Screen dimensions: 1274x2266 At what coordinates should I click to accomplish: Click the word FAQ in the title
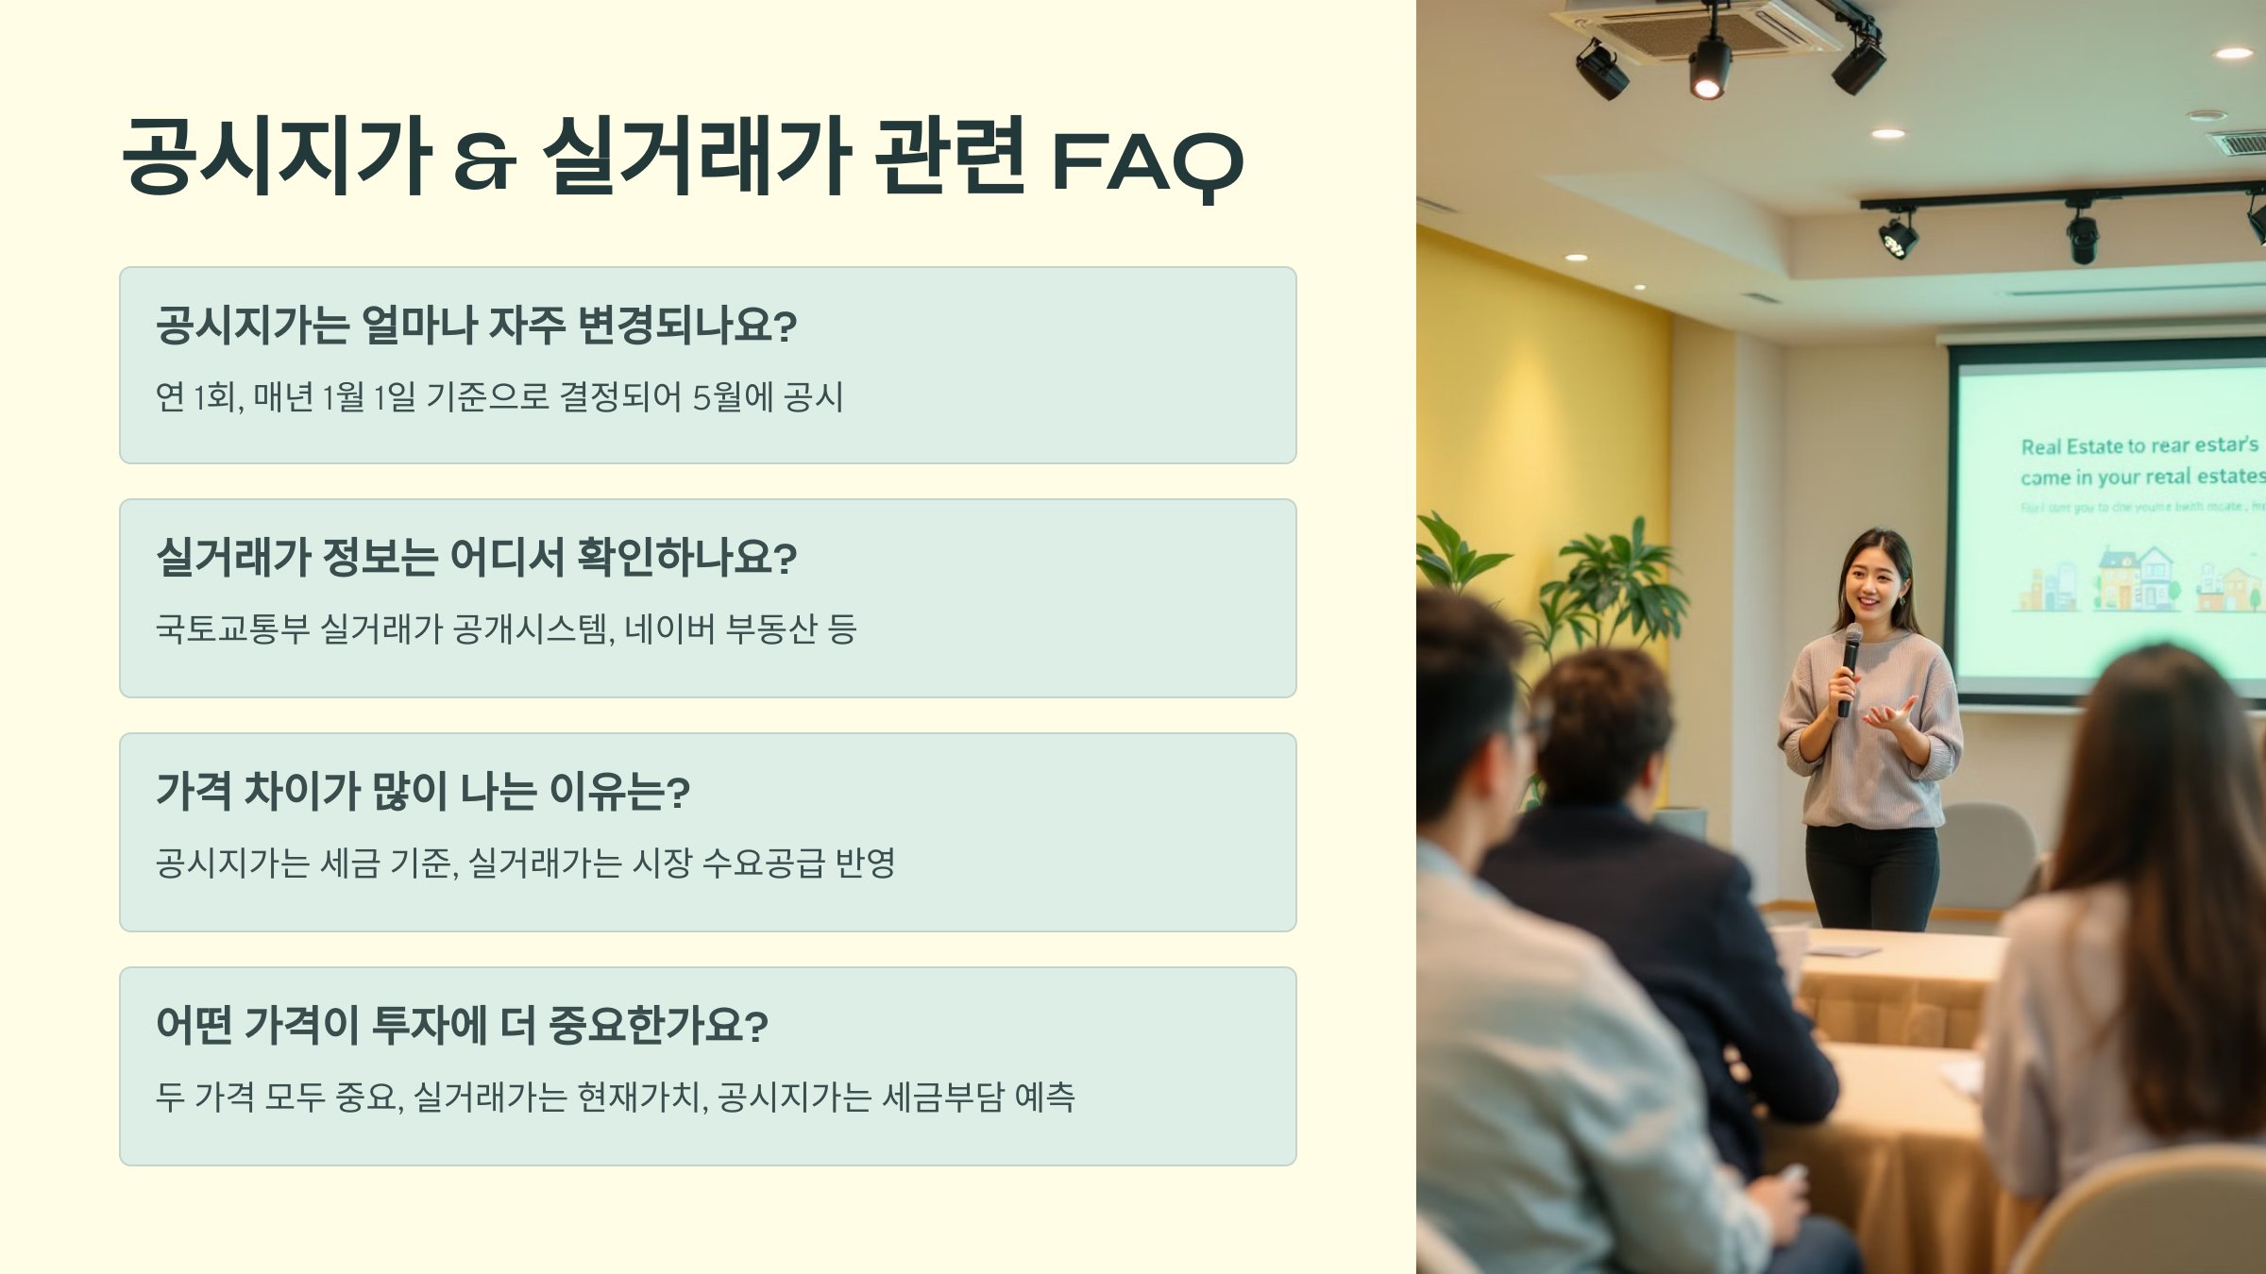[x=1146, y=162]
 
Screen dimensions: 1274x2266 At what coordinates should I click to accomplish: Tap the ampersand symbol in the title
[x=484, y=162]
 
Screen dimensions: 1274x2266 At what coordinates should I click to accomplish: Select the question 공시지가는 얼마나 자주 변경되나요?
[x=476, y=326]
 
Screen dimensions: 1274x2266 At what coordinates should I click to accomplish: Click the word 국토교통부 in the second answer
[x=232, y=629]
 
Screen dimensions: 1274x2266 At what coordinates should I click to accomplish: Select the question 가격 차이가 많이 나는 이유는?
[x=423, y=792]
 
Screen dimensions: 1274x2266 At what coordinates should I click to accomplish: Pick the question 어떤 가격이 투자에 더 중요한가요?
[x=462, y=1026]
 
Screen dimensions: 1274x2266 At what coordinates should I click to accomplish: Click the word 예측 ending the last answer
[x=1044, y=1097]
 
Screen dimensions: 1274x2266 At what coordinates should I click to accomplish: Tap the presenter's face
[x=1873, y=579]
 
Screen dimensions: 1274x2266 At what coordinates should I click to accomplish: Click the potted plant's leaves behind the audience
[x=1605, y=576]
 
